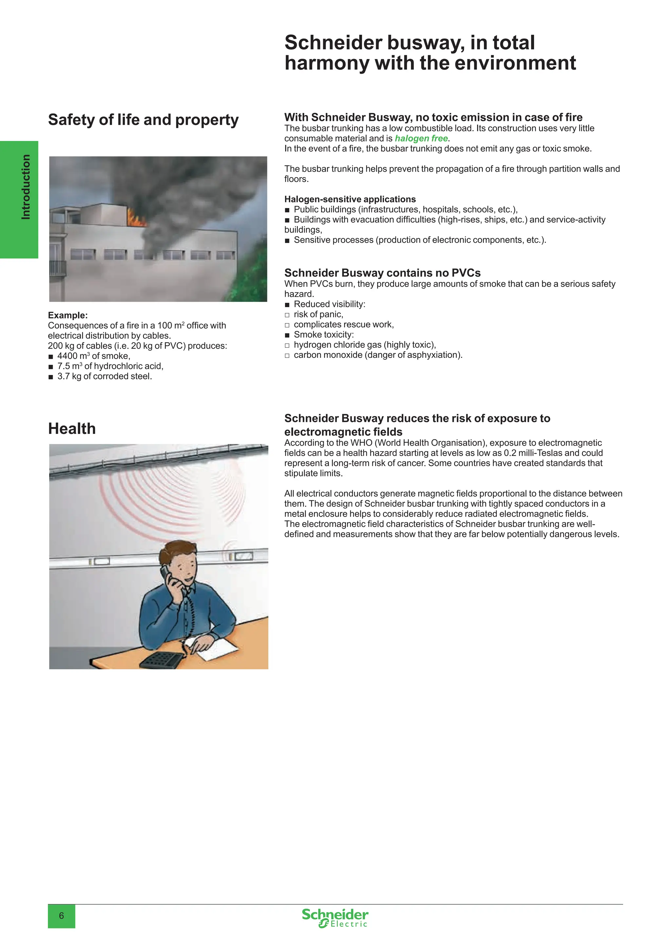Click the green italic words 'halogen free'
(x=421, y=139)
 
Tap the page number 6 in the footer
(x=62, y=916)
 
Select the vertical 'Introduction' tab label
(x=26, y=187)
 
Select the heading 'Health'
(x=72, y=429)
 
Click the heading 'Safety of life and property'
(x=144, y=120)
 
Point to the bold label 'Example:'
(x=68, y=315)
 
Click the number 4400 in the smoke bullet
(x=67, y=356)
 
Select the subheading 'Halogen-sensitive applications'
(x=350, y=199)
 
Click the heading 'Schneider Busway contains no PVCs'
(x=382, y=273)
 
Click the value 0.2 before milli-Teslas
(x=510, y=453)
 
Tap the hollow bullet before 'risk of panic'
(x=287, y=315)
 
